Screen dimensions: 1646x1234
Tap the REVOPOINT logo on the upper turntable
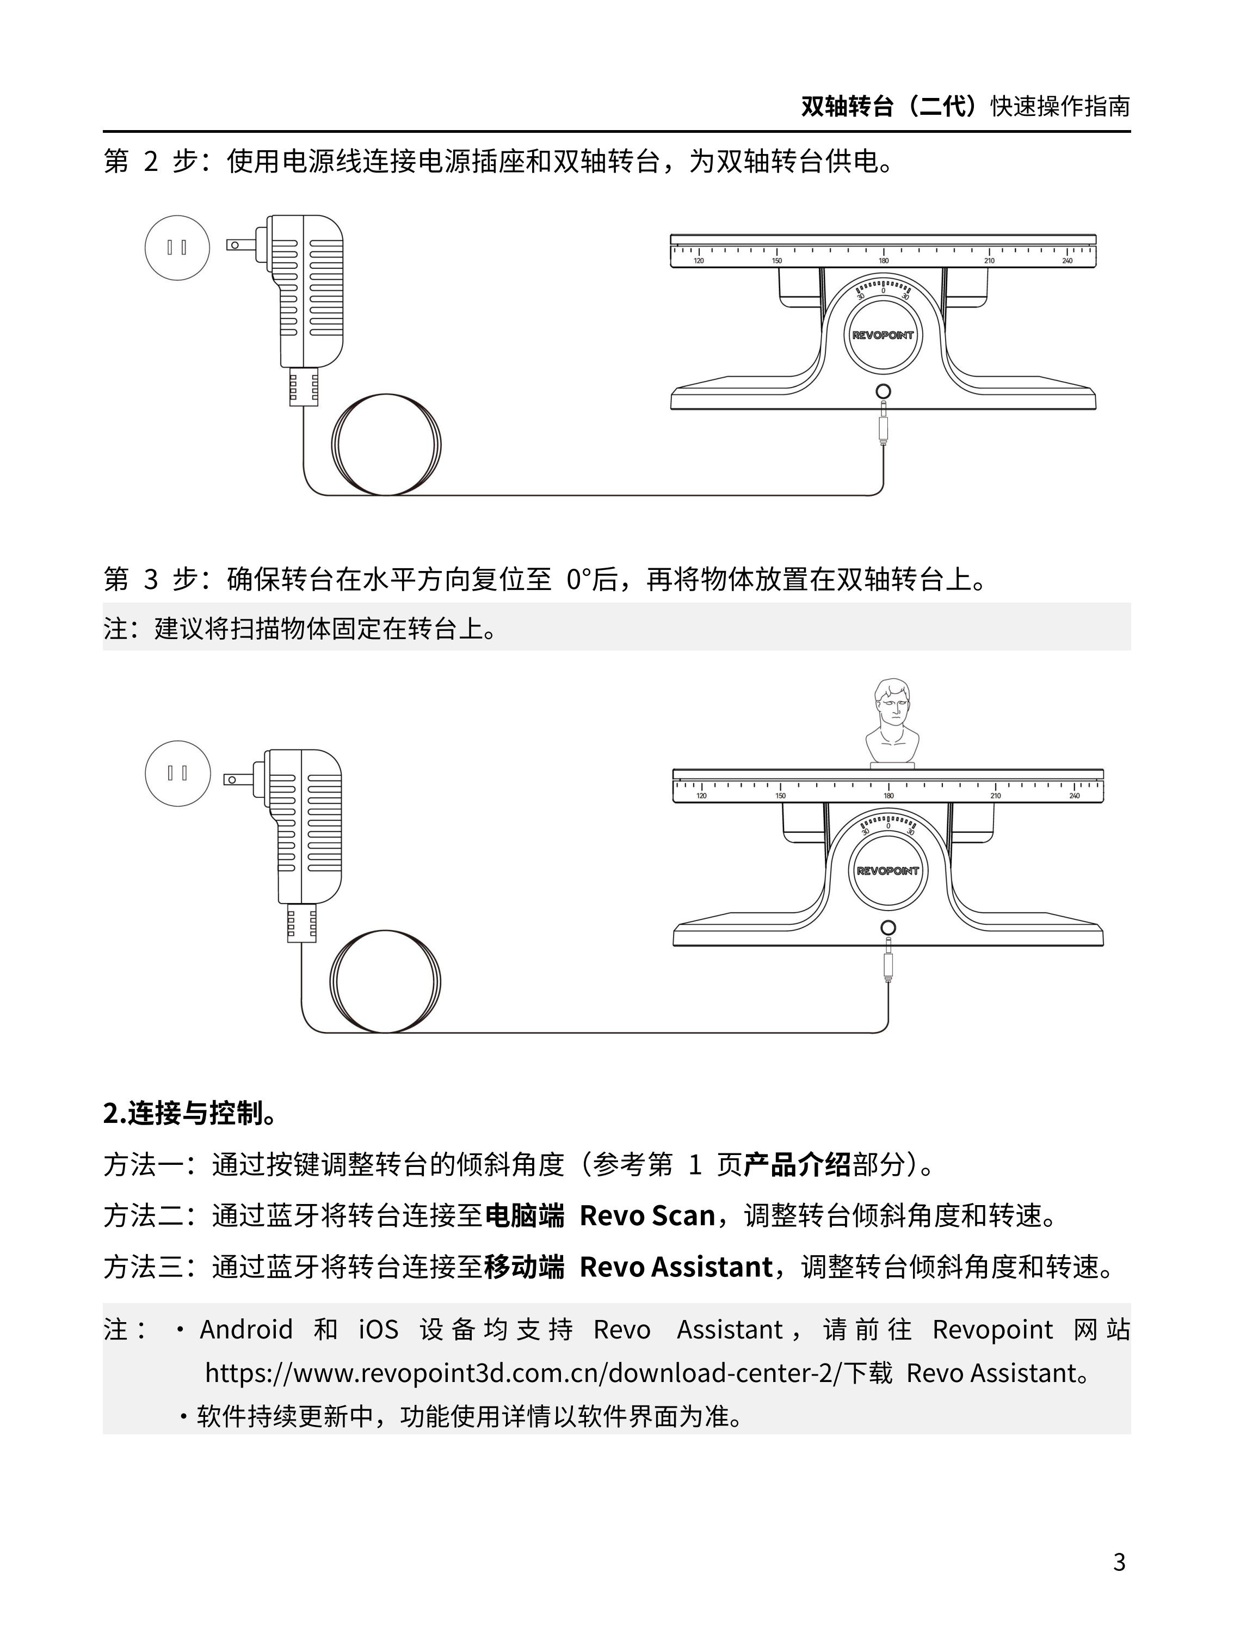[x=883, y=336]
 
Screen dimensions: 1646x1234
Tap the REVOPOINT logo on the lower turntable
[x=887, y=870]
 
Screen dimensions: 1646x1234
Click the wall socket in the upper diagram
[x=177, y=247]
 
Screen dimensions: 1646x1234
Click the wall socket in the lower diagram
[x=177, y=773]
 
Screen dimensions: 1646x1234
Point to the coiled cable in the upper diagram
[x=385, y=445]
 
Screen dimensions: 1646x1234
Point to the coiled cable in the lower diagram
[x=385, y=981]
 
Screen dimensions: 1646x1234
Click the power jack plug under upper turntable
[x=883, y=426]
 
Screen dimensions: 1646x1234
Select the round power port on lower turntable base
[x=887, y=928]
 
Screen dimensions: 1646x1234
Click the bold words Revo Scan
[x=646, y=1216]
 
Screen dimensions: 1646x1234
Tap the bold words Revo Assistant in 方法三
[x=675, y=1267]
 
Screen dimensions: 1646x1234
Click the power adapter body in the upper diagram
[x=305, y=290]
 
